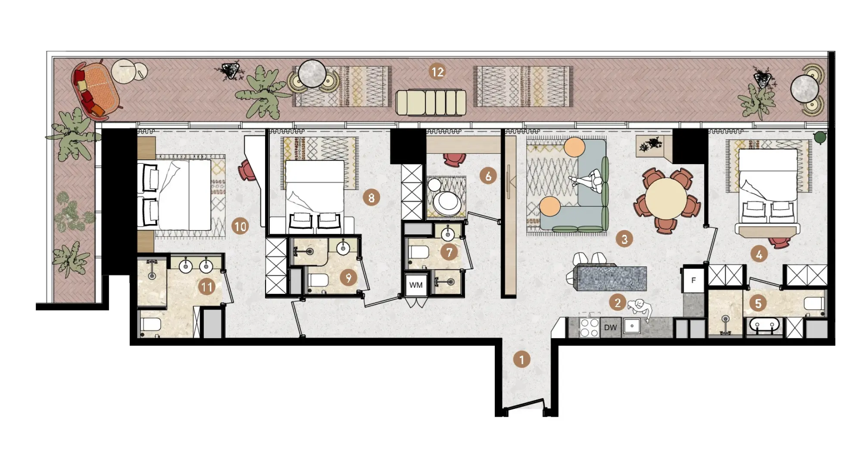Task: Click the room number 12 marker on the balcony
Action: (437, 72)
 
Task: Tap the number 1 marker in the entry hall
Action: (521, 359)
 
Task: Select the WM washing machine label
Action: (416, 285)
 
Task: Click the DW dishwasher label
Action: (610, 327)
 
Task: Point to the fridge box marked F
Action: (693, 281)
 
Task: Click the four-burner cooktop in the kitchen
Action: (590, 327)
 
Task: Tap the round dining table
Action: (666, 199)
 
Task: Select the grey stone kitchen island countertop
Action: (612, 278)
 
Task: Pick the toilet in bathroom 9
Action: (318, 281)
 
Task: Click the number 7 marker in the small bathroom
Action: (449, 252)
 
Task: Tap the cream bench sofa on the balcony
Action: (431, 103)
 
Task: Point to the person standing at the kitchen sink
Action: (640, 309)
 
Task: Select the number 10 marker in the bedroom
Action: (240, 226)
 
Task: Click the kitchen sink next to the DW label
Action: (632, 326)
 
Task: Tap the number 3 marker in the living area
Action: (624, 239)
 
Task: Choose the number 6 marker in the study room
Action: (488, 176)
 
